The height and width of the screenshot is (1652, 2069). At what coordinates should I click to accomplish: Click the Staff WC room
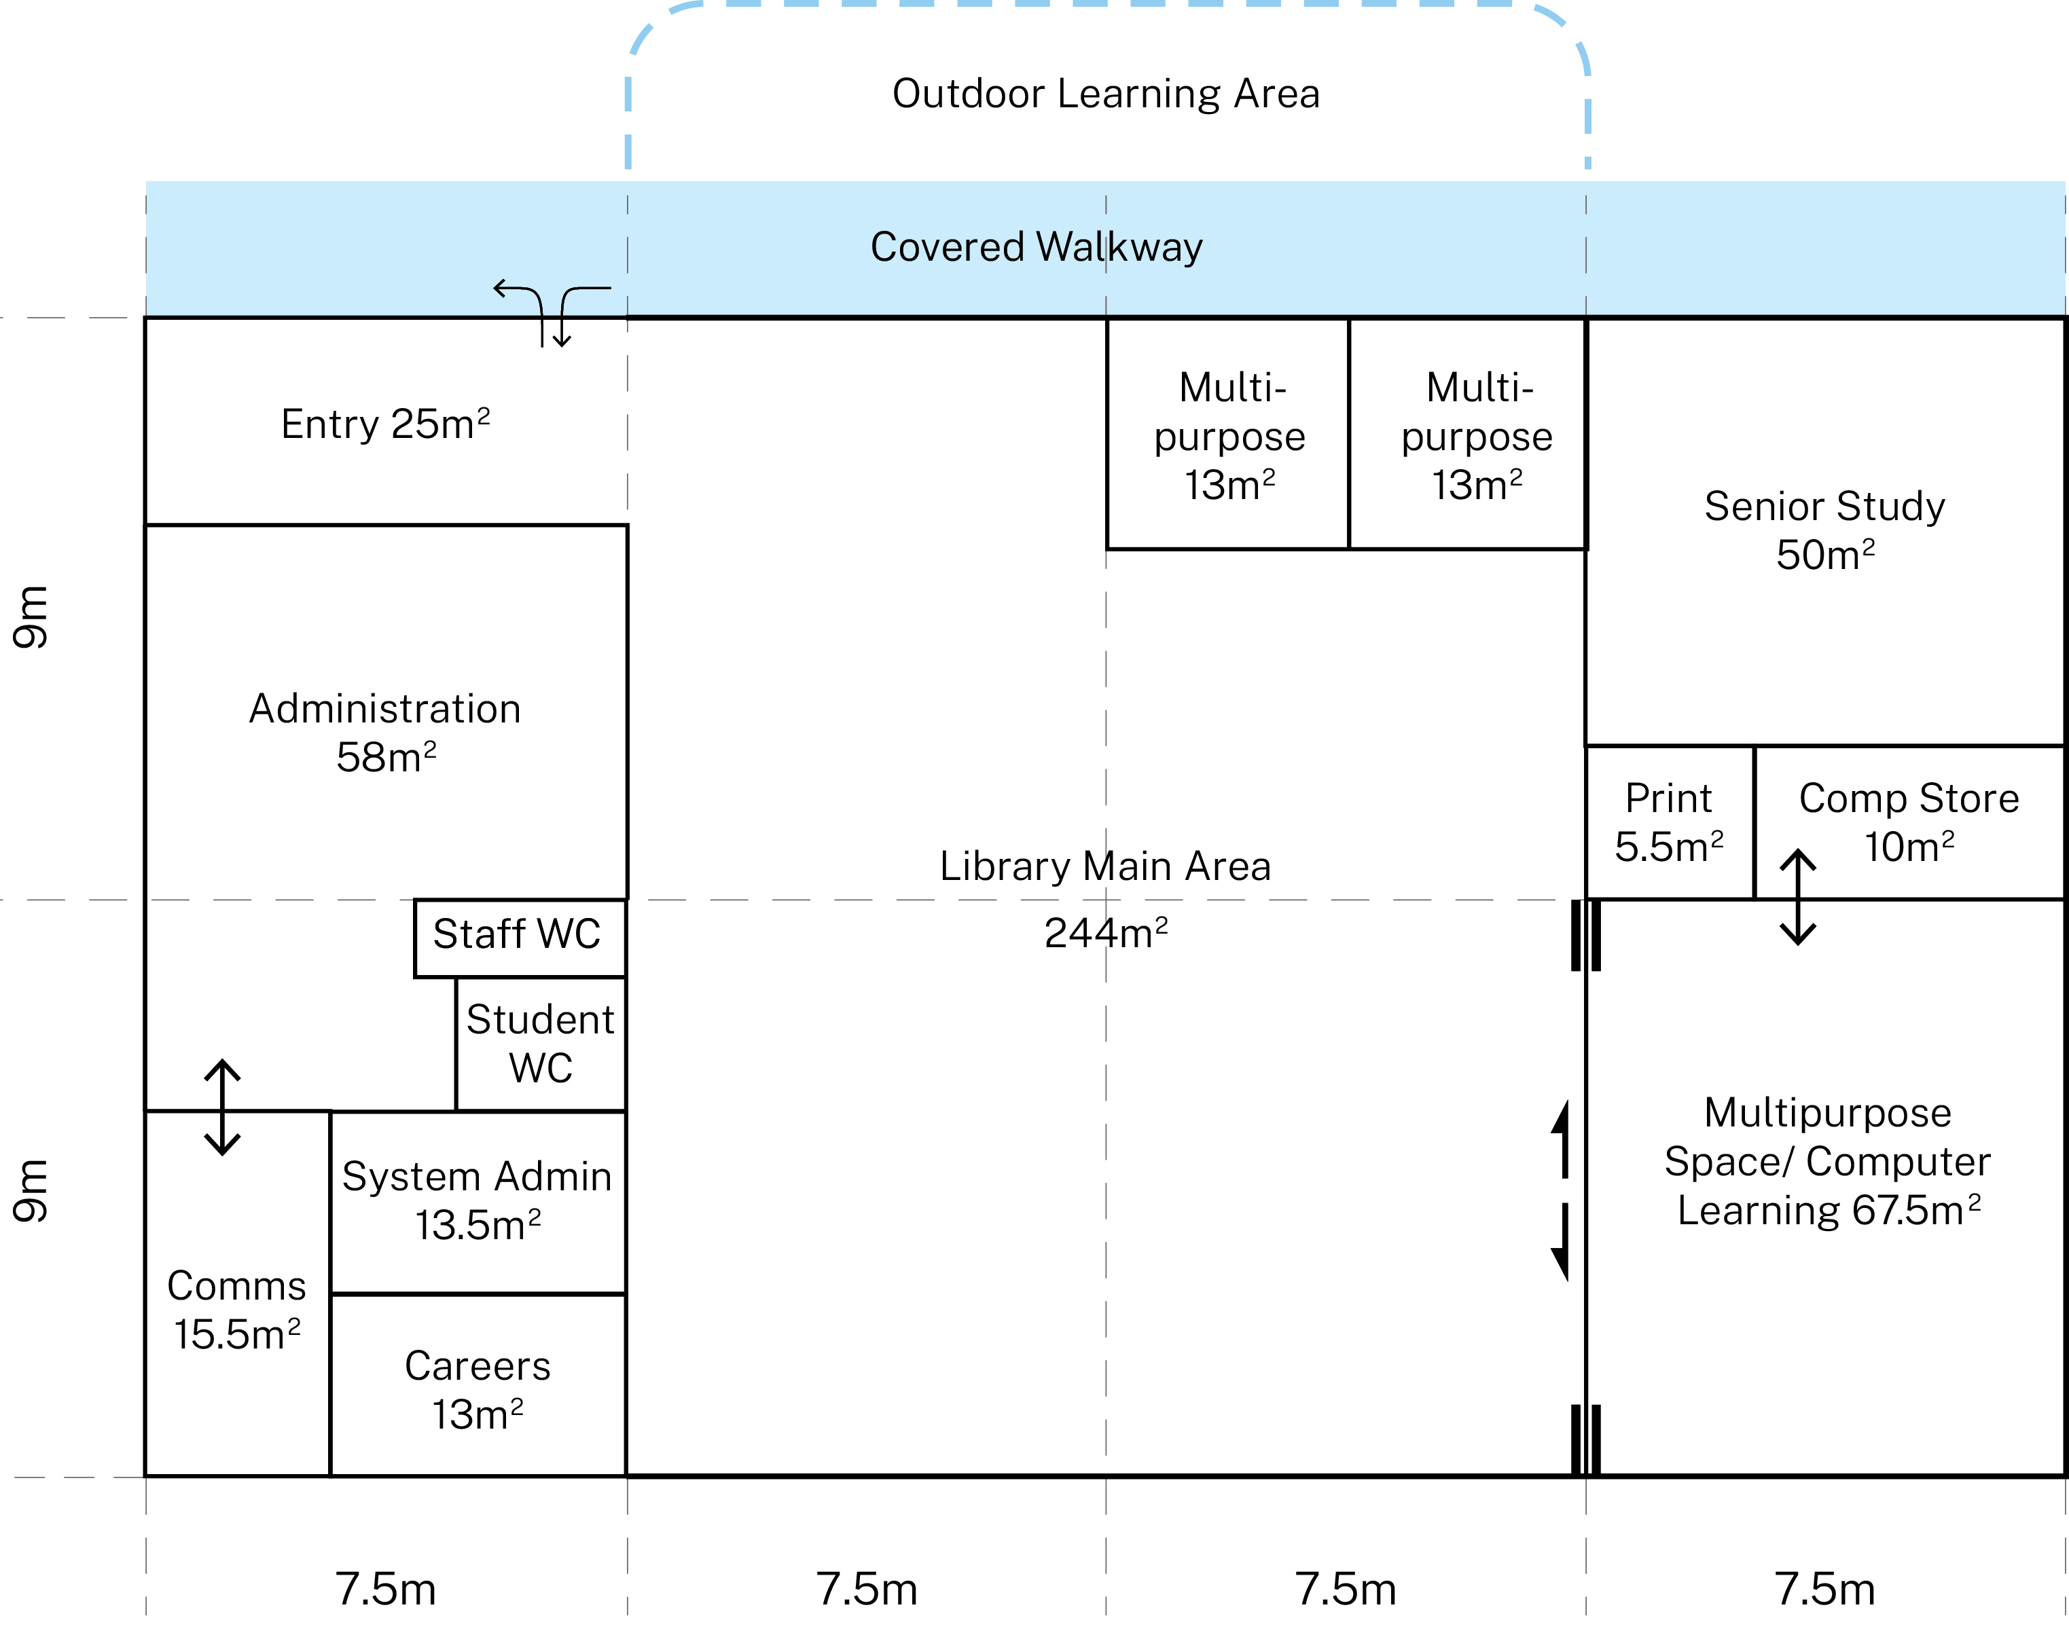[x=518, y=936]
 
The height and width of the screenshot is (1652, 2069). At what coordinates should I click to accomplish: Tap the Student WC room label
[x=540, y=1044]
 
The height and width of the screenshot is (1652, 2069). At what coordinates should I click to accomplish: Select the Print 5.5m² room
[x=1669, y=823]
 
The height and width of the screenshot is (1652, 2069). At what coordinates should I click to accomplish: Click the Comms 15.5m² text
[x=236, y=1310]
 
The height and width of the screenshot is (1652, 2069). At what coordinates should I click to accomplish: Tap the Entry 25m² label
[x=385, y=424]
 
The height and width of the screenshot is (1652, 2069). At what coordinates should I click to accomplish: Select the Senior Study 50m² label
[x=1824, y=530]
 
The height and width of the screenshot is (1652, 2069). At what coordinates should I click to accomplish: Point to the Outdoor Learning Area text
[x=1106, y=94]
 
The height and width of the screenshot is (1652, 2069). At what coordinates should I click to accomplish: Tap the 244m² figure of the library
[x=1106, y=932]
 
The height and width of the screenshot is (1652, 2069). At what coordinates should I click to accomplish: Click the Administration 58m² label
[x=385, y=732]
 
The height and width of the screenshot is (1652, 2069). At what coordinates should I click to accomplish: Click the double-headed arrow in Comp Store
[x=1797, y=897]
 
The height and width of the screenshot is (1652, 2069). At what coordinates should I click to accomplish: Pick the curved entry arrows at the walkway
[x=552, y=312]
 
